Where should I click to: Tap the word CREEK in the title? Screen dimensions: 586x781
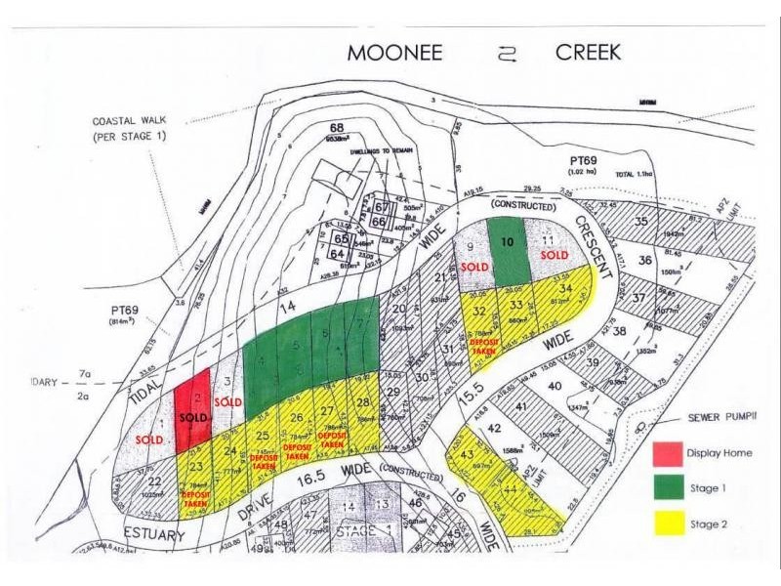(x=588, y=53)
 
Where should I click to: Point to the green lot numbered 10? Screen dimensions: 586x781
(x=507, y=250)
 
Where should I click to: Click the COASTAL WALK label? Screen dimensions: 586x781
(x=127, y=128)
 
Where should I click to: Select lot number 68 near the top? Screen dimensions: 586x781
(x=338, y=129)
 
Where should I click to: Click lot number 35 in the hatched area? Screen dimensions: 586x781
(x=640, y=221)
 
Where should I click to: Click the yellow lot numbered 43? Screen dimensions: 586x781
(x=467, y=457)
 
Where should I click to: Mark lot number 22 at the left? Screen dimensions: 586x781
(x=154, y=481)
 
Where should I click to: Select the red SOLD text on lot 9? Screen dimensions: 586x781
(x=474, y=267)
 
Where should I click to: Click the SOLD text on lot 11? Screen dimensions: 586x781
(x=554, y=256)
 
